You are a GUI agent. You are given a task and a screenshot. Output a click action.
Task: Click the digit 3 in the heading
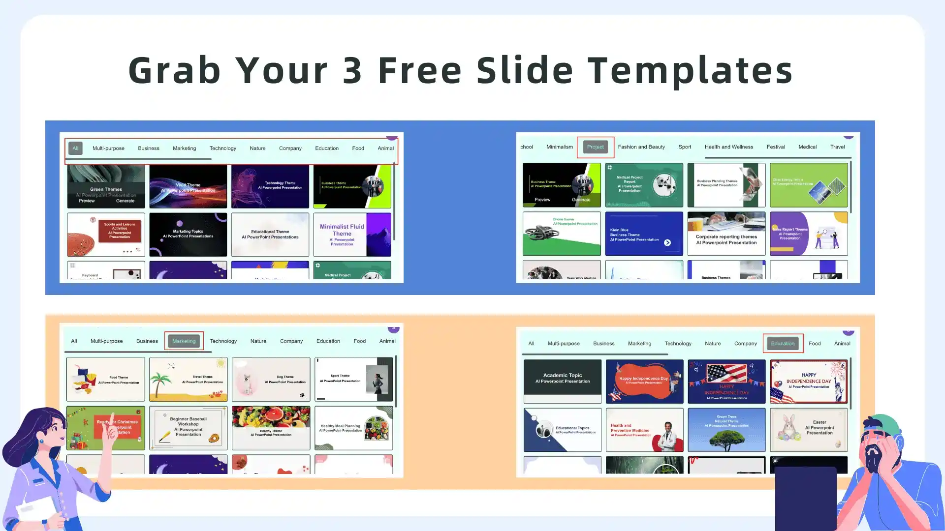click(352, 70)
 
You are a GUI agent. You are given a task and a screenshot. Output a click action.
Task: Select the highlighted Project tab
click(595, 147)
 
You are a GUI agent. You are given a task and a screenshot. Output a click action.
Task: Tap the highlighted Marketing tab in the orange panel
click(184, 341)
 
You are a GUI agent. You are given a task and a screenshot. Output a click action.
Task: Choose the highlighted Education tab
click(783, 344)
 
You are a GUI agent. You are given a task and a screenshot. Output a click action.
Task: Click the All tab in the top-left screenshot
click(75, 148)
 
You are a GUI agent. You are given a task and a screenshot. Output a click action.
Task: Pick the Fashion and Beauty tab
click(641, 147)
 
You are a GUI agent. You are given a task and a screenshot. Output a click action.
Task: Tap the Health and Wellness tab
click(728, 147)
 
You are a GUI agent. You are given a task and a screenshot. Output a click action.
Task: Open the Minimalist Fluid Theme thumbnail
click(352, 235)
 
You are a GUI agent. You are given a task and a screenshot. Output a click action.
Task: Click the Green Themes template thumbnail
click(106, 186)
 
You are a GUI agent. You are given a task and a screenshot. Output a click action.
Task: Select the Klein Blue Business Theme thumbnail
click(644, 234)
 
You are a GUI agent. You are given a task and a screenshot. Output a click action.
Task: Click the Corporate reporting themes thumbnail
click(726, 234)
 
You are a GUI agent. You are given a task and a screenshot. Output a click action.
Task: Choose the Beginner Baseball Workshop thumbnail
click(188, 428)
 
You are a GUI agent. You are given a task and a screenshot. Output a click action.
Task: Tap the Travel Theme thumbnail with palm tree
click(188, 379)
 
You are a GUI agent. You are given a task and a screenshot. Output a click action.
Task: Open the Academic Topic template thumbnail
click(562, 381)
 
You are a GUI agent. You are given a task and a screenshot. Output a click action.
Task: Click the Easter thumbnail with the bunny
click(808, 430)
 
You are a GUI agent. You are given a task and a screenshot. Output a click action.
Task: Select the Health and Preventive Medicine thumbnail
click(644, 430)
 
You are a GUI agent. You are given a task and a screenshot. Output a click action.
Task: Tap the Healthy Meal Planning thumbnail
click(353, 428)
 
